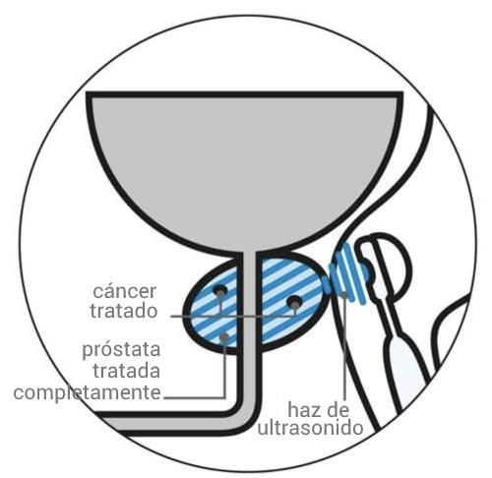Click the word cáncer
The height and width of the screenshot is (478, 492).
125,291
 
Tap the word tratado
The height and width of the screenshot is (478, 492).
124,311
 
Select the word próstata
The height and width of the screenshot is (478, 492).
121,350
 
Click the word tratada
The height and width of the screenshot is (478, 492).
127,371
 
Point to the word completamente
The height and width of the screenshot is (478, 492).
88,392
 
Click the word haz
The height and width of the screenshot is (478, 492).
303,410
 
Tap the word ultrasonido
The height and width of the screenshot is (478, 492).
310,428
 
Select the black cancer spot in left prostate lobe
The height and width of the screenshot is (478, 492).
219,290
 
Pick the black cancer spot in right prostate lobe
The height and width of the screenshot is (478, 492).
294,301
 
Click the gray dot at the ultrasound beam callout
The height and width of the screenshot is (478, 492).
344,295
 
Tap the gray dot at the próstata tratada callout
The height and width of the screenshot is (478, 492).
224,337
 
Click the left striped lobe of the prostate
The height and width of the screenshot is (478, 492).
215,308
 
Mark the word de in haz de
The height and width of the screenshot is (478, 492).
337,410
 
